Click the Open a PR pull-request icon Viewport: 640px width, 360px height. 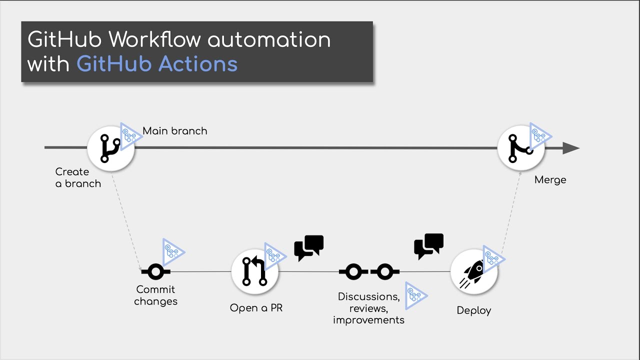click(254, 271)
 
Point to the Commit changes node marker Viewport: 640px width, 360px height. click(155, 272)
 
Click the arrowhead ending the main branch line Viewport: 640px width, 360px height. click(570, 148)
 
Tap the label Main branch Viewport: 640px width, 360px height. click(174, 131)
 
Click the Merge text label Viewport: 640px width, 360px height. click(550, 180)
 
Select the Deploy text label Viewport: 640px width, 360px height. click(473, 310)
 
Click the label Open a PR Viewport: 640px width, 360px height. click(256, 308)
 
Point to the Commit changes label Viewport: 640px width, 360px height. click(155, 295)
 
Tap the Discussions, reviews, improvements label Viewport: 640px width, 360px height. click(368, 308)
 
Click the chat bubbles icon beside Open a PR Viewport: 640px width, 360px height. click(308, 247)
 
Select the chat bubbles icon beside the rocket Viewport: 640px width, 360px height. click(428, 245)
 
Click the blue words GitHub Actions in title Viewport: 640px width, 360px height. click(157, 64)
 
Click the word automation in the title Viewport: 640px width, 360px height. click(268, 39)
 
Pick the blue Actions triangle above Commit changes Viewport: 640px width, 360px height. click(172, 251)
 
